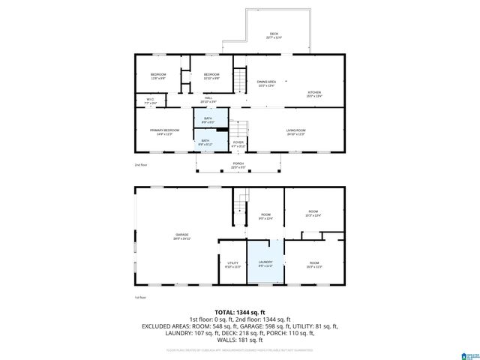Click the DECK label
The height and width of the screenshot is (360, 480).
point(275,34)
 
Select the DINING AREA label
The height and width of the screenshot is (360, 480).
point(267,82)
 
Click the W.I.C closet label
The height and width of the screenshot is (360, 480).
point(150,100)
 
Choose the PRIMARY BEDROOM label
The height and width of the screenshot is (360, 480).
point(164,131)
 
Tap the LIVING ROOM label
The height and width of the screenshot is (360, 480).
point(295,131)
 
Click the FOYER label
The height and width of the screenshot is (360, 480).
point(238,142)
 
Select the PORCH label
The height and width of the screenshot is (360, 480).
point(238,165)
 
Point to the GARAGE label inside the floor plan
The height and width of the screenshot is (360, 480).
point(182,236)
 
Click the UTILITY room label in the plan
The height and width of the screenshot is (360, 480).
point(232,263)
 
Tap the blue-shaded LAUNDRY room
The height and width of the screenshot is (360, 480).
point(265,263)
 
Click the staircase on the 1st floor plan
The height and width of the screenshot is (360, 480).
point(240,201)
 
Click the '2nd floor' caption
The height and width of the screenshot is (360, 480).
point(140,164)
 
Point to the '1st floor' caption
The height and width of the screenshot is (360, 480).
point(140,298)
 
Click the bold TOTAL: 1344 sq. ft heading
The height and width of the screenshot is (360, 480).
point(240,311)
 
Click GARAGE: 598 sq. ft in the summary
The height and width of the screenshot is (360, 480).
point(267,326)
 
